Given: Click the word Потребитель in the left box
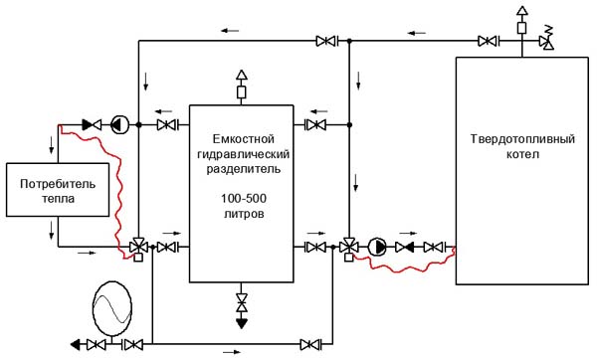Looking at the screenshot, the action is point(58,184).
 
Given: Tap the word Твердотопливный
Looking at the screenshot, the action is point(522,139).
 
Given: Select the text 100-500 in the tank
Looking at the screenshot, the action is point(244,198).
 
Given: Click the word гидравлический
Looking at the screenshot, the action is point(244,154).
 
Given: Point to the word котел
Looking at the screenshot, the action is point(522,154).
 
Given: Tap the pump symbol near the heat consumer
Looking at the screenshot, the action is point(119,124).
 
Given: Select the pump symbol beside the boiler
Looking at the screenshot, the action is point(377,247).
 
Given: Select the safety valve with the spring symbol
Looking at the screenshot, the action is point(546,38).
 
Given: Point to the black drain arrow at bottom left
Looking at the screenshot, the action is point(76,345).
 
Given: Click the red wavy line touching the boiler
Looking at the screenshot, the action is point(404,264).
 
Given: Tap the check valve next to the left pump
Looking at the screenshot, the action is point(92,124).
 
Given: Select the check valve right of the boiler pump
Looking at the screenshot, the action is point(405,248).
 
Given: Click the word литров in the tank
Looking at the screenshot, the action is point(244,214).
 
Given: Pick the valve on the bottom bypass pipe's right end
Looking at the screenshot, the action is point(310,345).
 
